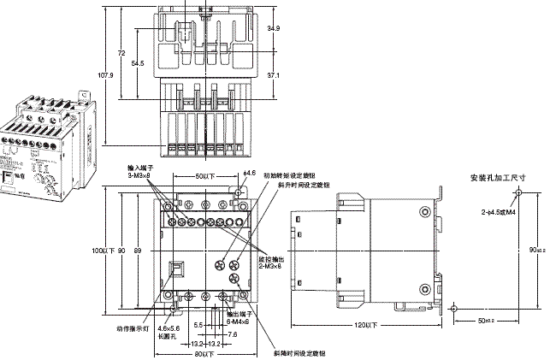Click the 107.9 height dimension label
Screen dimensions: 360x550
coord(104,75)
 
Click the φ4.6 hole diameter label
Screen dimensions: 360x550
coord(249,174)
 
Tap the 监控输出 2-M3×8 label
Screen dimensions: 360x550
coord(272,259)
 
